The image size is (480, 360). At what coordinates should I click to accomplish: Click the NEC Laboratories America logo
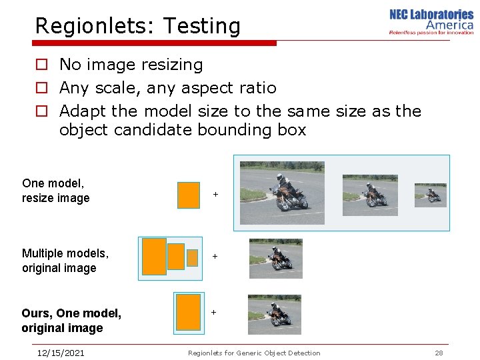pyautogui.click(x=431, y=21)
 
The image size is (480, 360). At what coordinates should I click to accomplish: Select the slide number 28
pyautogui.click(x=439, y=353)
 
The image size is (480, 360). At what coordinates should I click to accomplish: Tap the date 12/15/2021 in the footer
pyautogui.click(x=61, y=353)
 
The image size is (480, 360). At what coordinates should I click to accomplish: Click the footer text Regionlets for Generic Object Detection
pyautogui.click(x=254, y=353)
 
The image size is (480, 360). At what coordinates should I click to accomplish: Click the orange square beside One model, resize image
pyautogui.click(x=189, y=195)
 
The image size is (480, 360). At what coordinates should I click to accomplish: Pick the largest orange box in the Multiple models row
pyautogui.click(x=154, y=257)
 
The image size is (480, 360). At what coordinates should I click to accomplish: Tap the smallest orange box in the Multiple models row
pyautogui.click(x=193, y=257)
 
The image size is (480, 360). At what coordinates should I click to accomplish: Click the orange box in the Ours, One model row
pyautogui.click(x=188, y=312)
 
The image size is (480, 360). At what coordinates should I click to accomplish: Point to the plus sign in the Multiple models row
pyautogui.click(x=215, y=256)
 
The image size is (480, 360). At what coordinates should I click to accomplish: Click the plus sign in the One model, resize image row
pyautogui.click(x=215, y=195)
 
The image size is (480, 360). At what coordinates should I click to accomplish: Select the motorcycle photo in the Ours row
pyautogui.click(x=275, y=313)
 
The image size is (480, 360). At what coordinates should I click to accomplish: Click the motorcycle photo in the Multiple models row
pyautogui.click(x=275, y=258)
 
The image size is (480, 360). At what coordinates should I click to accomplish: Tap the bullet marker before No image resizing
pyautogui.click(x=41, y=65)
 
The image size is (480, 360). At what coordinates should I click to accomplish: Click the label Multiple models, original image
pyautogui.click(x=65, y=260)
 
